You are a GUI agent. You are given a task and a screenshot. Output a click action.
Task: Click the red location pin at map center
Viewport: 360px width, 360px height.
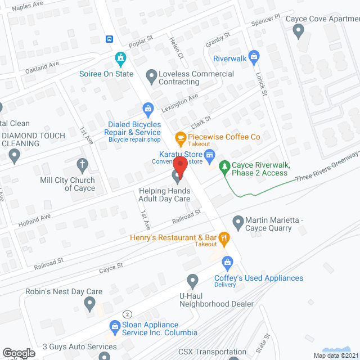[180, 166]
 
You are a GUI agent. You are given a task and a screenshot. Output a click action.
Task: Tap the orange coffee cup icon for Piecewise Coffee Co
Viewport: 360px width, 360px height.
[181, 137]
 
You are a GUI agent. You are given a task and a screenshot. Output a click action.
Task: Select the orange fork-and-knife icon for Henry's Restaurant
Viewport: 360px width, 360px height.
[224, 238]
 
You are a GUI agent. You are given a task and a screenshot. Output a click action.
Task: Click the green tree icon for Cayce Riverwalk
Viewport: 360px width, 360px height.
[224, 166]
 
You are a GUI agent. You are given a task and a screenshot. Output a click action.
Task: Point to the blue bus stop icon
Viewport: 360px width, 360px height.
[109, 39]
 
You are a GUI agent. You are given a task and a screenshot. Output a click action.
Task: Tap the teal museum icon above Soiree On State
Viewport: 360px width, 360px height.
[120, 57]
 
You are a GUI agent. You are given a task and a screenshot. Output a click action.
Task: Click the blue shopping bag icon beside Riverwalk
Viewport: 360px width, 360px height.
[254, 57]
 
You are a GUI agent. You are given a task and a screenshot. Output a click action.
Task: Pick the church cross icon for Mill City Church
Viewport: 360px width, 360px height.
[83, 165]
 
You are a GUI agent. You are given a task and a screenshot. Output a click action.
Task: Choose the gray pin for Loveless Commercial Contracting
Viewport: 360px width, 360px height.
[151, 75]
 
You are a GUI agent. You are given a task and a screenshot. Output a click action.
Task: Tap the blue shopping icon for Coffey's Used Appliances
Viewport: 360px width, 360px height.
[227, 262]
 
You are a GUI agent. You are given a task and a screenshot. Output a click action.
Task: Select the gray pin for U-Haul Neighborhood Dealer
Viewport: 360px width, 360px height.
[192, 280]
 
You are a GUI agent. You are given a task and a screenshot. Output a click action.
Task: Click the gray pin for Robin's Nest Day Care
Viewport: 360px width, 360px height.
[89, 304]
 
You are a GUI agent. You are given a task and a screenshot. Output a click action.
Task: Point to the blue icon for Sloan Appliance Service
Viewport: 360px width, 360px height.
[115, 325]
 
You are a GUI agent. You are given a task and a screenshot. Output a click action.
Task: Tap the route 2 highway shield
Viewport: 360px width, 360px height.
[128, 313]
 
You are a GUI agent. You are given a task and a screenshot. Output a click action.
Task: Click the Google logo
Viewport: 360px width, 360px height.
[18, 353]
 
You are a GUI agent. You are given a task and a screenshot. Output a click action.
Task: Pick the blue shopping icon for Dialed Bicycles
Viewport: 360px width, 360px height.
[148, 108]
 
